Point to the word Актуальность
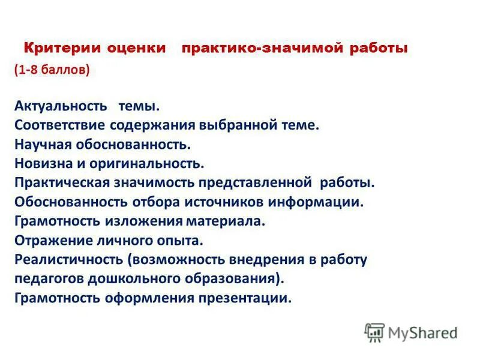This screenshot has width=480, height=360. coord(61,106)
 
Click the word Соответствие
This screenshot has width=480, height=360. coord(61,125)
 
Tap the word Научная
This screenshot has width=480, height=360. coord(43,145)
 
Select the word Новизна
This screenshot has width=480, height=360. coord(41,163)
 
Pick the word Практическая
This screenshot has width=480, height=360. coord(62,182)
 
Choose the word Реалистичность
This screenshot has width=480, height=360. coord(68,260)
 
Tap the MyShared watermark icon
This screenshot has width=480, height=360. coord(375,332)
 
